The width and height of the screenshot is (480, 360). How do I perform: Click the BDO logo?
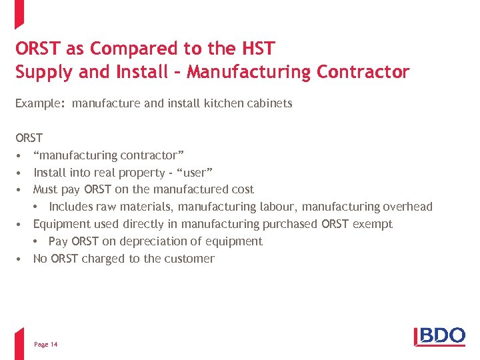pos(440,335)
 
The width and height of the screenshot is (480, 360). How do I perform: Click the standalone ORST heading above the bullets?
pos(29,138)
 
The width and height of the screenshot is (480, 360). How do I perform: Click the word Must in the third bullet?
pos(45,189)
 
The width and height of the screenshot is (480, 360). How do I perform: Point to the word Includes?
pos(71,207)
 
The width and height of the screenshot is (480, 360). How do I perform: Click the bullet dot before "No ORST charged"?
pos(21,259)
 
